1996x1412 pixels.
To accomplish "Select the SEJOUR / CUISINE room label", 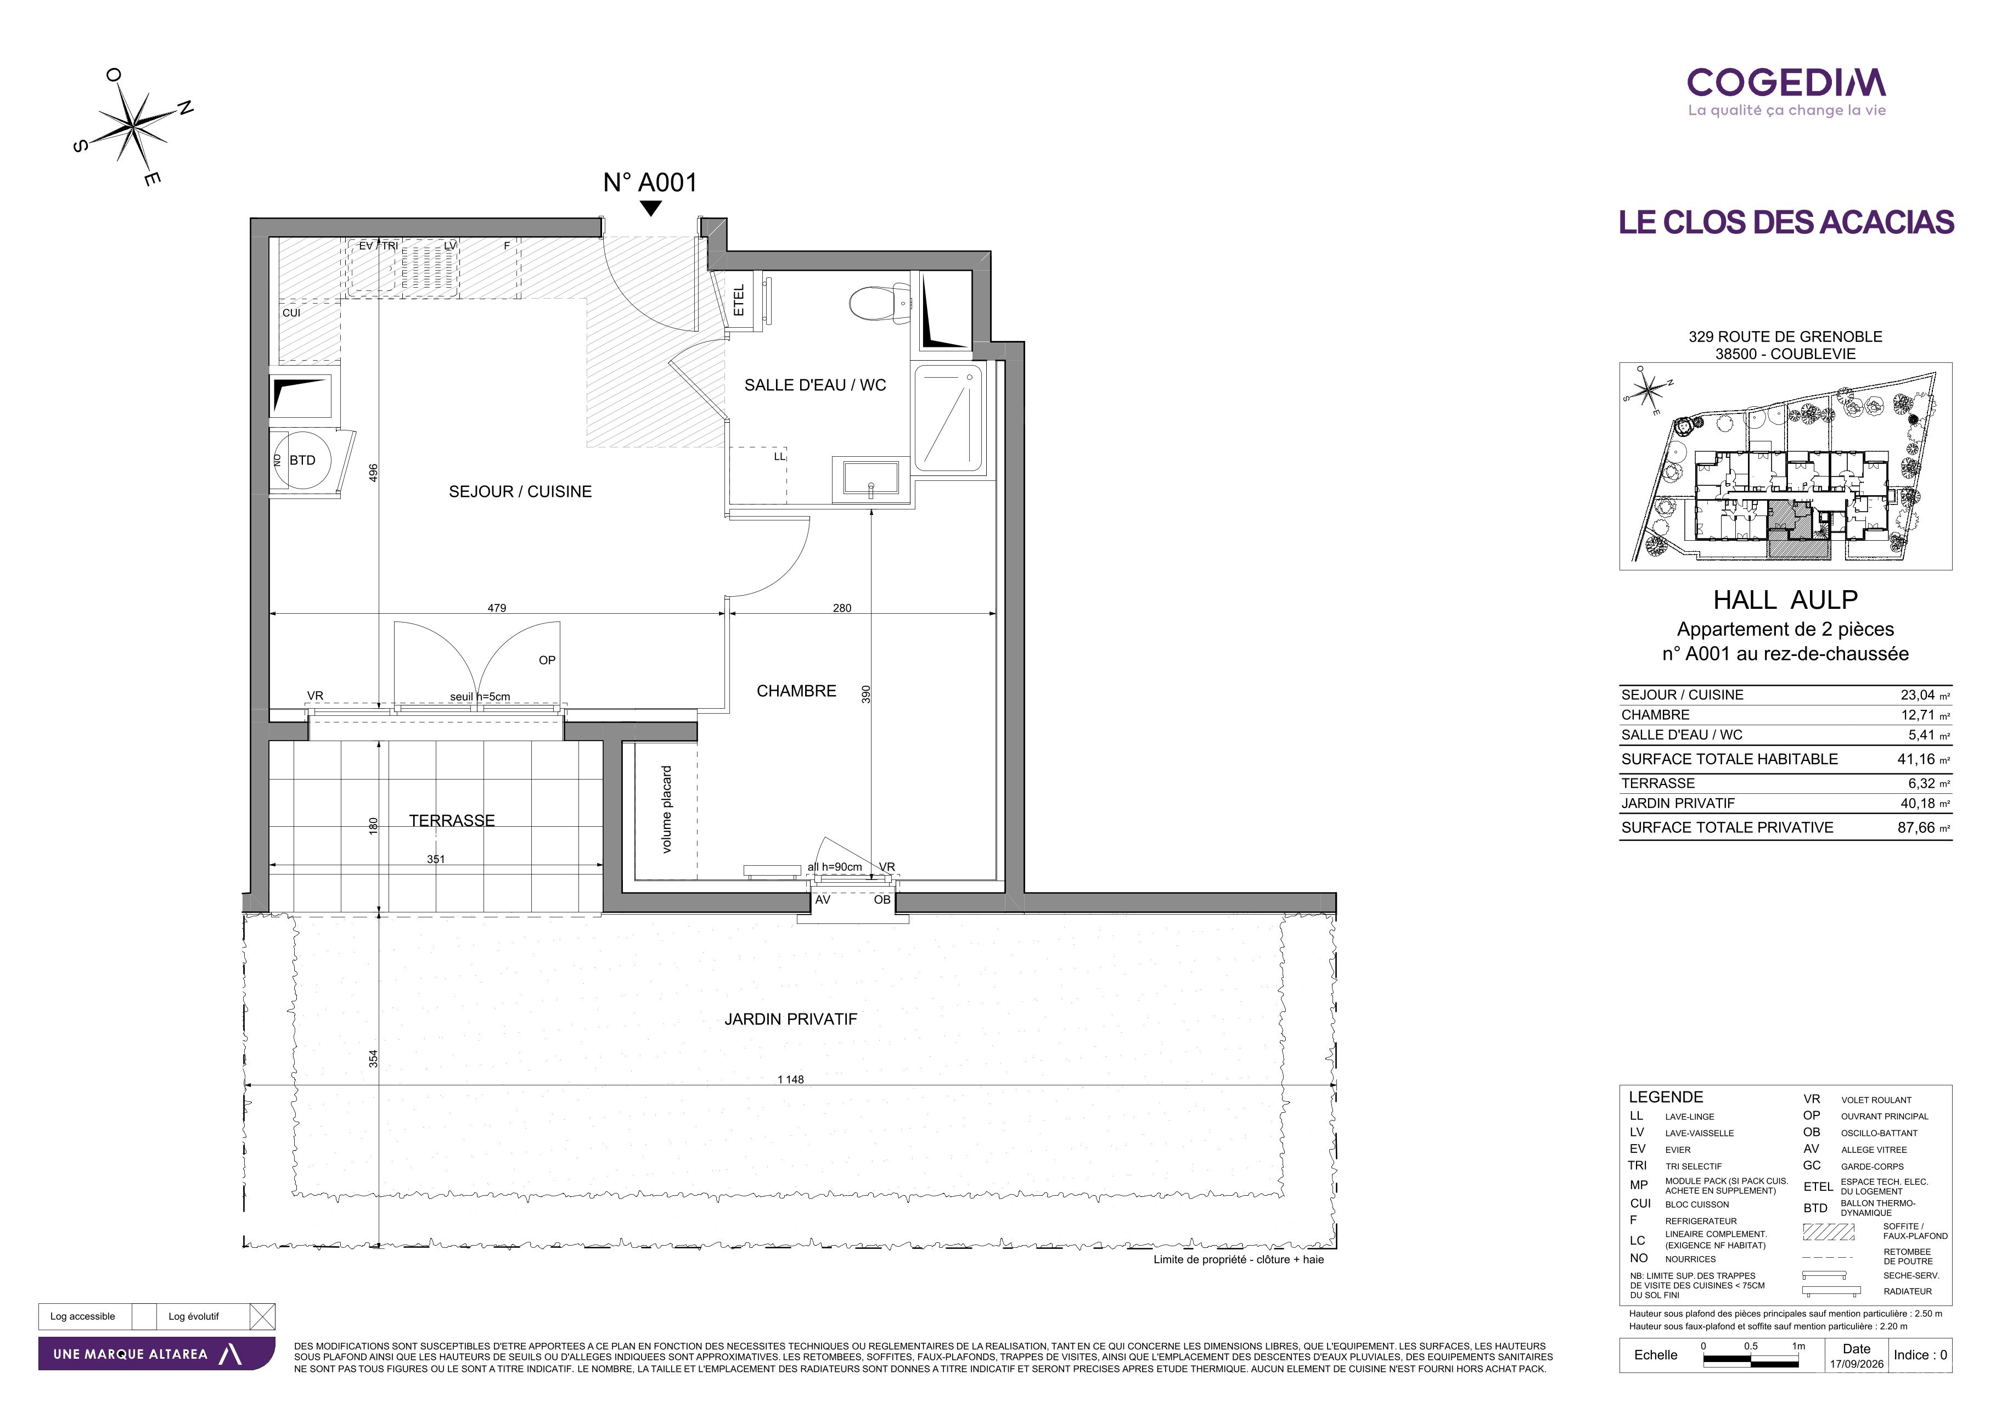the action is (x=520, y=492).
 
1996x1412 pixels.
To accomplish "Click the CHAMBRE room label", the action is (x=796, y=691).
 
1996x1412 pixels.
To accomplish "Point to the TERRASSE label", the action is (x=452, y=821).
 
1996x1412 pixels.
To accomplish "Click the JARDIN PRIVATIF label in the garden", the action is (x=790, y=1019).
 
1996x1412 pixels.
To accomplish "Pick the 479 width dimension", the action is (x=496, y=608).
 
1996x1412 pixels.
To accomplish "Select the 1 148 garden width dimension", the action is (x=790, y=1079).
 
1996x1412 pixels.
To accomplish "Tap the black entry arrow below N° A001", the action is (x=650, y=209).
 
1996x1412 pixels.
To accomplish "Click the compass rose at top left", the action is (x=133, y=127).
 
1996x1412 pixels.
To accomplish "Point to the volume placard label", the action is (x=667, y=809).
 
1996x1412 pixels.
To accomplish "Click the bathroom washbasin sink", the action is (x=870, y=479).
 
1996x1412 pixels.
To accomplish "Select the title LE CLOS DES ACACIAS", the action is (x=1786, y=222).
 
